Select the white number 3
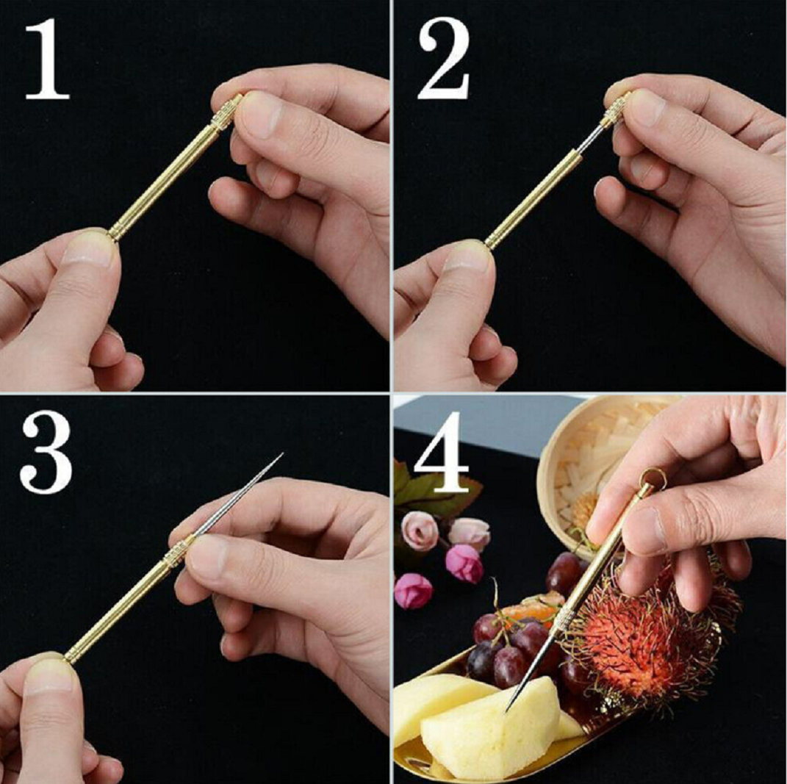46,451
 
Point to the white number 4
441,453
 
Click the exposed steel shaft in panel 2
589,139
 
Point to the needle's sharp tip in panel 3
281,455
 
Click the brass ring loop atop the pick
652,480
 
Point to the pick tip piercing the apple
508,708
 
